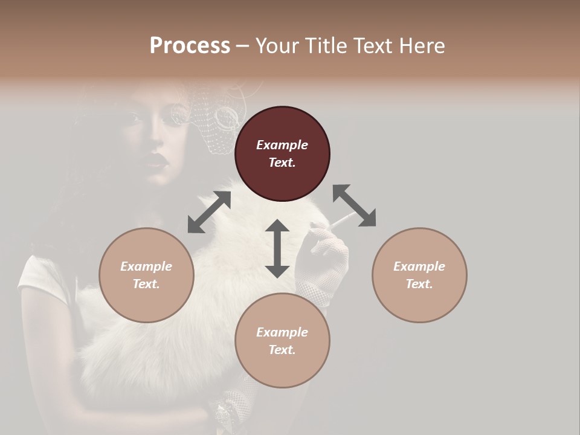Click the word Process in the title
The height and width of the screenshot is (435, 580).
click(190, 46)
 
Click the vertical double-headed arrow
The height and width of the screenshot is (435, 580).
click(277, 248)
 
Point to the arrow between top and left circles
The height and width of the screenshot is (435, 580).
click(209, 212)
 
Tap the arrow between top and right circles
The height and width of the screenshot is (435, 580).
click(354, 206)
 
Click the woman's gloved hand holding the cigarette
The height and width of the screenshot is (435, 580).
click(326, 254)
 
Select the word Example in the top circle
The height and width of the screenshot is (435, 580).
click(282, 145)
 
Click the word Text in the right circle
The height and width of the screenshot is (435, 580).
click(419, 284)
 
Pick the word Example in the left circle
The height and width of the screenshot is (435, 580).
click(146, 266)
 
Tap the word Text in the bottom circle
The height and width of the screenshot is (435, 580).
click(282, 350)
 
